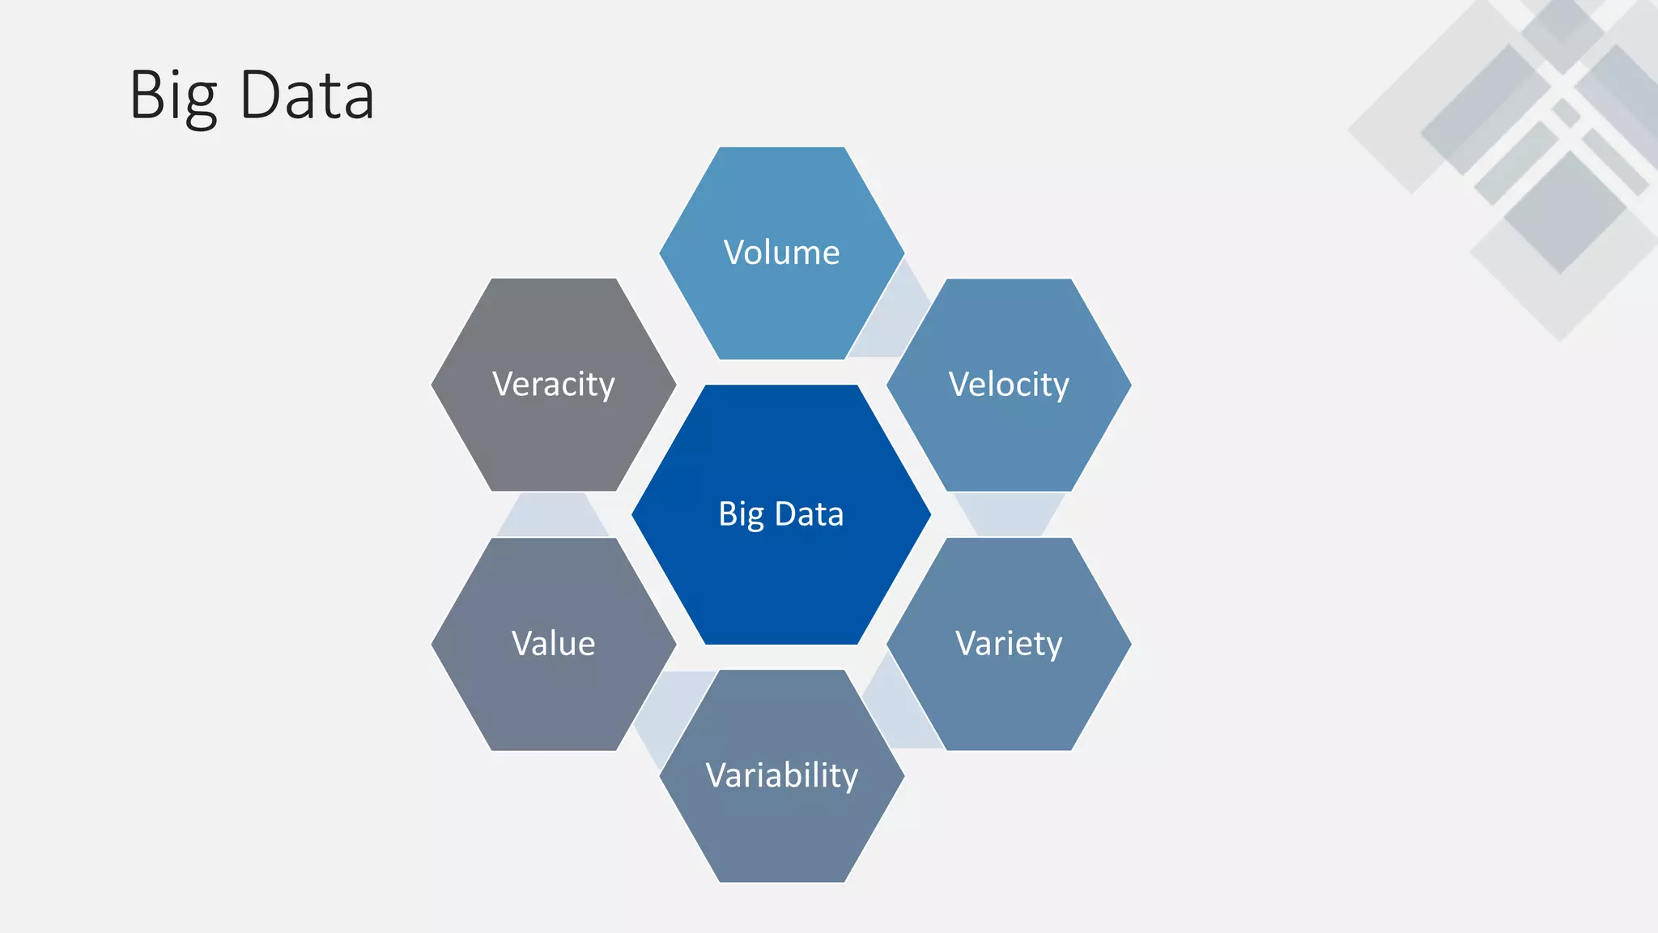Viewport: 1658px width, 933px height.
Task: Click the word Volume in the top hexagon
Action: tap(781, 253)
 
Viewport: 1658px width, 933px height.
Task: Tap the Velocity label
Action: tap(1009, 384)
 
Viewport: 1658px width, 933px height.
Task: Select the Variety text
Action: tap(1009, 644)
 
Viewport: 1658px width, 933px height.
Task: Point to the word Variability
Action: tap(781, 775)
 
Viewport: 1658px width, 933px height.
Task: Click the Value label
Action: tap(554, 644)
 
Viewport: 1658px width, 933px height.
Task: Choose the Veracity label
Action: tap(554, 384)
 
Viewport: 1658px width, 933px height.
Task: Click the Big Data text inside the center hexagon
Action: tap(781, 514)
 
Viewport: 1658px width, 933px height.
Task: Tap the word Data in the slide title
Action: tap(308, 96)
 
